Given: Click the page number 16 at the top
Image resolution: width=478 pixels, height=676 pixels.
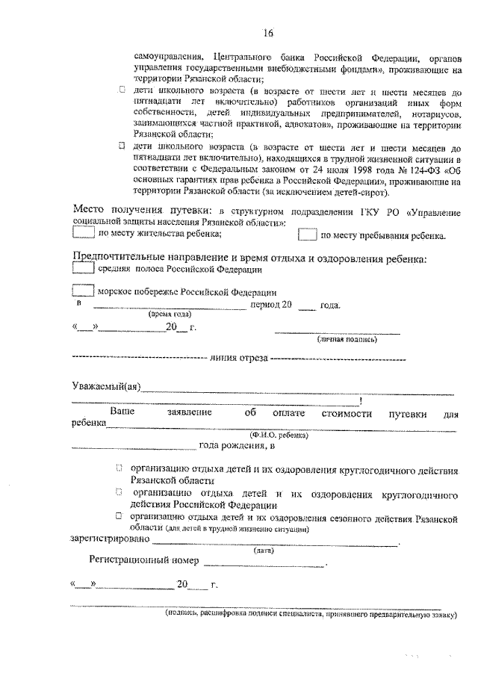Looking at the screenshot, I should [x=268, y=32].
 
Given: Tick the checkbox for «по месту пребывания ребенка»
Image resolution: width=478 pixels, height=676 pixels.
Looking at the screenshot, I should [x=307, y=235].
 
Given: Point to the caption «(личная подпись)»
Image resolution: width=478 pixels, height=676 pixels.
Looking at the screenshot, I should [x=347, y=339].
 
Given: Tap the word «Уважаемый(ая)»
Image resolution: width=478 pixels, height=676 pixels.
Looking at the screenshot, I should [x=105, y=386].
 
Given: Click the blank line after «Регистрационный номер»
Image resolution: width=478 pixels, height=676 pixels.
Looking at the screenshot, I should [x=264, y=562].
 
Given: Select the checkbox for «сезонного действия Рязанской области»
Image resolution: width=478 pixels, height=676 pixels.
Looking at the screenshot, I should [x=119, y=516].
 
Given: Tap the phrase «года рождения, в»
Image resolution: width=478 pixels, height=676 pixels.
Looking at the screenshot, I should [x=237, y=447].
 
